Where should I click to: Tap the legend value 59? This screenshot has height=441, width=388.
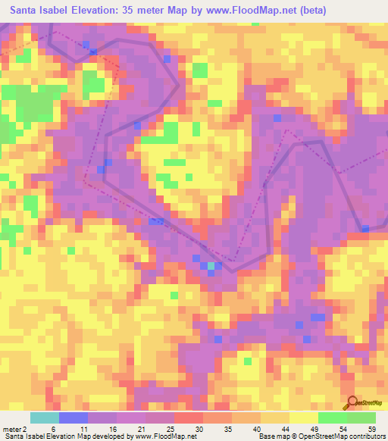[x=371, y=428]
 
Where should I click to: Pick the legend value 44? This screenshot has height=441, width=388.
[x=286, y=428]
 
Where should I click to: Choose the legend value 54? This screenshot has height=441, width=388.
[x=343, y=428]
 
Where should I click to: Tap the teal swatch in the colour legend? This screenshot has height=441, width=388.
[x=44, y=418]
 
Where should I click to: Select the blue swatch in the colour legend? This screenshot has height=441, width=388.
[x=73, y=418]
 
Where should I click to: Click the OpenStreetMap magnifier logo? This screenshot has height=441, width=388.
[x=353, y=403]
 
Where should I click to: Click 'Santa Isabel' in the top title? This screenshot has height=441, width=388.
[x=37, y=9]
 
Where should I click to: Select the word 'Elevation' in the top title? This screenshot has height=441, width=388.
[x=103, y=9]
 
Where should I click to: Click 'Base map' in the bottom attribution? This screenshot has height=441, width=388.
[x=274, y=436]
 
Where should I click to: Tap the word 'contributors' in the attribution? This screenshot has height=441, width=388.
[x=364, y=436]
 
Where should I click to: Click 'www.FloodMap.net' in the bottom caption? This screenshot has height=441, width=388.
[x=160, y=436]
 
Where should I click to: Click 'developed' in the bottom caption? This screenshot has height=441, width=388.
[x=105, y=436]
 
